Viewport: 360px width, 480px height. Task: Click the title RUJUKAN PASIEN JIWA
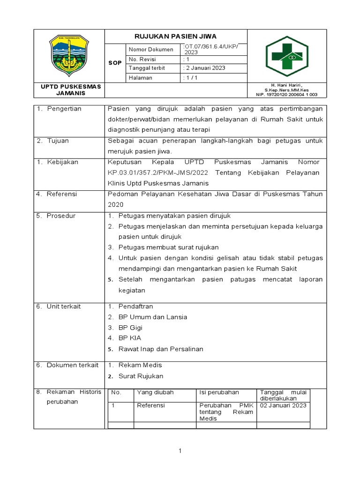(x=175, y=36)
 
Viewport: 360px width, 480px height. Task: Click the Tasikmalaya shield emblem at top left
(x=68, y=55)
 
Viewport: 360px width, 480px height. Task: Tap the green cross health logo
(x=287, y=56)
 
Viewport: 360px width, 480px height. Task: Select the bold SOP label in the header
(x=115, y=63)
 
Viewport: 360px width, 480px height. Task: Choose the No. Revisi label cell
(x=142, y=60)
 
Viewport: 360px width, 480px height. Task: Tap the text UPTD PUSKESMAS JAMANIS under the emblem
(x=68, y=90)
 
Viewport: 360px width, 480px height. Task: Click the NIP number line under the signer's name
(x=286, y=94)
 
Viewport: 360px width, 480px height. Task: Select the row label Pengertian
(x=64, y=109)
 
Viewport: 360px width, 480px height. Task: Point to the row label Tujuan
(x=58, y=141)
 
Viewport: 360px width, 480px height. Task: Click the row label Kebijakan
(x=62, y=162)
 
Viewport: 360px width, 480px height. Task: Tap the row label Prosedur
(x=61, y=216)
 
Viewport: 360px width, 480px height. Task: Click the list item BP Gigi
(x=130, y=327)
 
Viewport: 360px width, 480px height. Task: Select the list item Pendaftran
(x=135, y=306)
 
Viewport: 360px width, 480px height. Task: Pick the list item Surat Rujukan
(x=141, y=376)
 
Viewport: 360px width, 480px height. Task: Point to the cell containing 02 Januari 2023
(x=284, y=405)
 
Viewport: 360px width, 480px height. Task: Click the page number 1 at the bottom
(x=180, y=451)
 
